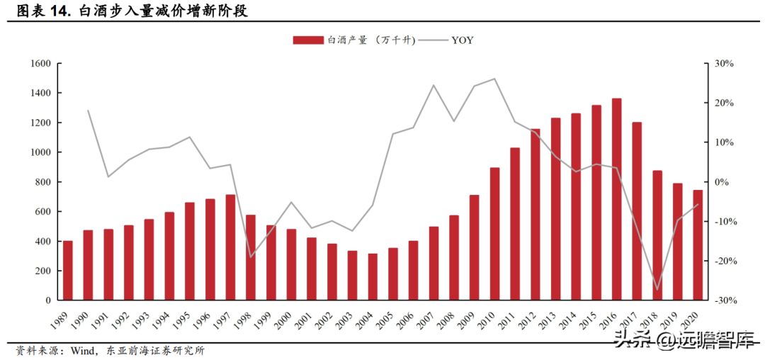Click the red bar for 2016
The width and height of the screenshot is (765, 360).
pos(617,199)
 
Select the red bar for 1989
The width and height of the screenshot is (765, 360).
pos(68,271)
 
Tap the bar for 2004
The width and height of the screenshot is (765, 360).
pos(373,277)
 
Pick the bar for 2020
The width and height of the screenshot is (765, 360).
pos(698,245)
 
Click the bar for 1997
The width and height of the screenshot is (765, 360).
pos(230,247)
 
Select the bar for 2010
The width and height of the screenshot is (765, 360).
pos(494,234)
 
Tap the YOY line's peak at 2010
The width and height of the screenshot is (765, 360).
pos(494,79)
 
